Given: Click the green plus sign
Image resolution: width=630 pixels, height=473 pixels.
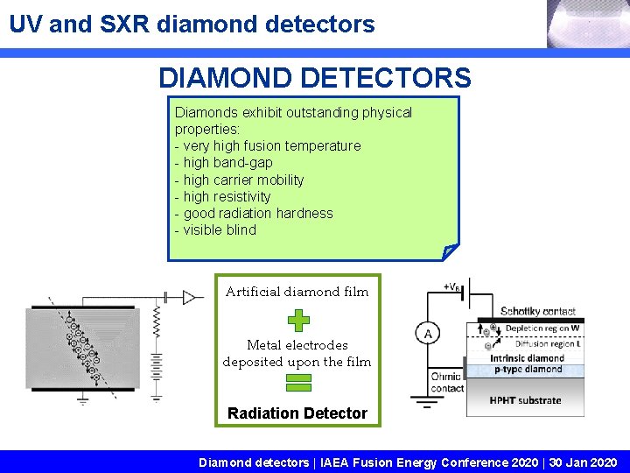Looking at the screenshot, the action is pyautogui.click(x=298, y=321).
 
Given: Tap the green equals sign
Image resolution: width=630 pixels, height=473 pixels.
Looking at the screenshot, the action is pyautogui.click(x=298, y=382).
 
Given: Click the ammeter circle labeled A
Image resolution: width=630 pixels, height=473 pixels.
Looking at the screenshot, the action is pyautogui.click(x=427, y=334).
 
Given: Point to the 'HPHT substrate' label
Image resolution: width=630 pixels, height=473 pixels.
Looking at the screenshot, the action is pyautogui.click(x=525, y=400).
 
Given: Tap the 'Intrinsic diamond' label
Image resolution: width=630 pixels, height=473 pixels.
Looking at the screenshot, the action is pyautogui.click(x=527, y=357).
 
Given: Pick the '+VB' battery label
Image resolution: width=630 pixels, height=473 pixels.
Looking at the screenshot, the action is pyautogui.click(x=454, y=286).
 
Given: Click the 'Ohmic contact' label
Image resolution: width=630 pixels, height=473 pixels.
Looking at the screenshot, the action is pyautogui.click(x=446, y=382).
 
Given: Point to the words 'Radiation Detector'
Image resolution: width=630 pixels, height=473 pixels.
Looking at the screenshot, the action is pyautogui.click(x=297, y=413).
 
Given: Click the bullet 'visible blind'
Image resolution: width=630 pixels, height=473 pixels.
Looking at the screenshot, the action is pyautogui.click(x=215, y=229).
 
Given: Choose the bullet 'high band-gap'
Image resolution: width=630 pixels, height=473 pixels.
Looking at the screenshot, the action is pyautogui.click(x=223, y=162).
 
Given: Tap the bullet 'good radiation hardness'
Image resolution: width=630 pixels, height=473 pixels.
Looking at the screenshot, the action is pyautogui.click(x=254, y=213).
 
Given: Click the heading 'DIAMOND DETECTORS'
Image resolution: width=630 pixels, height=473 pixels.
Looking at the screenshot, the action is pyautogui.click(x=314, y=78).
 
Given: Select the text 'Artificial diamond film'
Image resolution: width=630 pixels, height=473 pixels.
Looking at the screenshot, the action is pyautogui.click(x=297, y=292).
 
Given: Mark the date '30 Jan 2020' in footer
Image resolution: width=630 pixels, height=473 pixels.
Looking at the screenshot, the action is pyautogui.click(x=583, y=462).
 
